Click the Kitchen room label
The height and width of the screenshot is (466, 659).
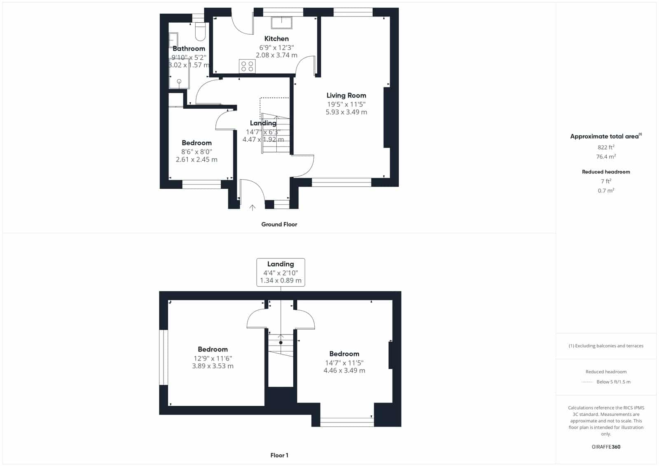(x=276, y=39)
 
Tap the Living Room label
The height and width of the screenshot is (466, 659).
(x=346, y=95)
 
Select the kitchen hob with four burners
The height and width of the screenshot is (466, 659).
(x=247, y=66)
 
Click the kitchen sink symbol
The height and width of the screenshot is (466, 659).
(x=282, y=23)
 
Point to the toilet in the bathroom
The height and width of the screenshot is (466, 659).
(x=200, y=31)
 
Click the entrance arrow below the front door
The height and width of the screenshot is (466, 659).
(x=252, y=208)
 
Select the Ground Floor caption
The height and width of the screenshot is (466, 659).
(x=279, y=224)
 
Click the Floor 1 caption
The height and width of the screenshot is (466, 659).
(x=279, y=455)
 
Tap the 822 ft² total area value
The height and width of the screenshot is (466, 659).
(x=606, y=147)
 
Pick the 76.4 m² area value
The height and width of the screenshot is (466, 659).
(x=606, y=156)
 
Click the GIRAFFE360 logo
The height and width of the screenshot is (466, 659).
(x=606, y=447)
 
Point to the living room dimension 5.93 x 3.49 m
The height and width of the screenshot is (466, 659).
(x=346, y=112)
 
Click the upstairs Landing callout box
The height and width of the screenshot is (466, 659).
(x=280, y=272)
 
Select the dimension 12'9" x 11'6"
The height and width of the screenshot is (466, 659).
(x=213, y=358)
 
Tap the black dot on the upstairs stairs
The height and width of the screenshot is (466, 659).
(x=280, y=343)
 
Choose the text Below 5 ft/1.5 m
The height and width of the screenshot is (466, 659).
(x=613, y=382)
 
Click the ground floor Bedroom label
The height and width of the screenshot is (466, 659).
(x=196, y=143)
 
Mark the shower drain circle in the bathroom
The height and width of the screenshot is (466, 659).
(x=179, y=81)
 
